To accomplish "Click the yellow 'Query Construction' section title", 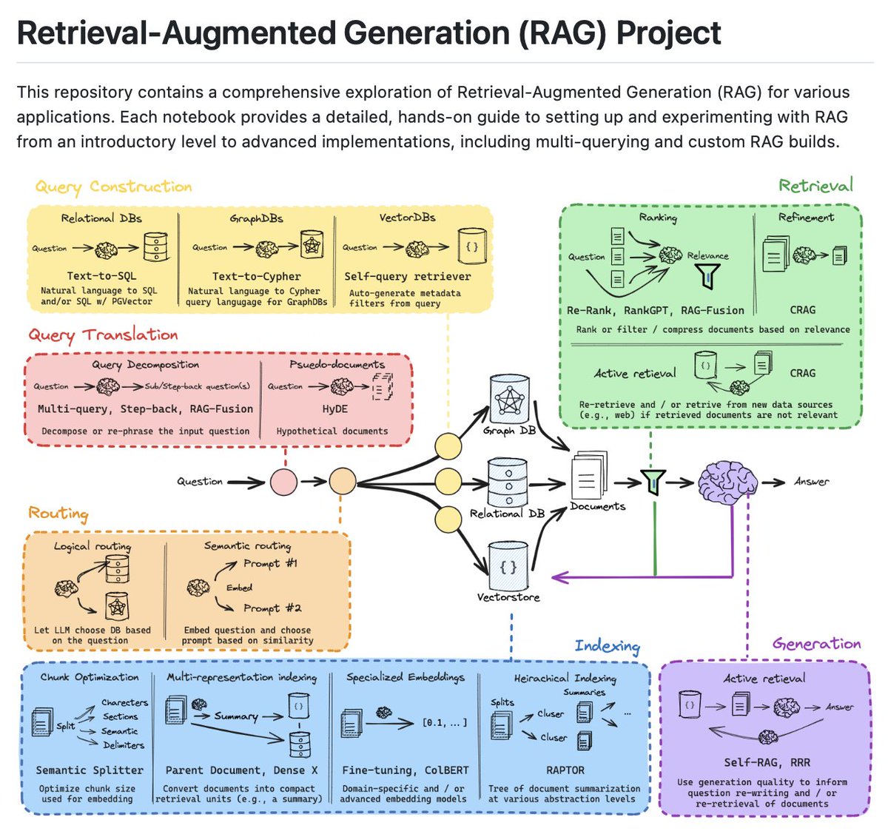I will tap(113, 187).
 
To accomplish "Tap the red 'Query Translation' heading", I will tap(103, 335).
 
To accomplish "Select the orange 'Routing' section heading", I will tap(58, 514).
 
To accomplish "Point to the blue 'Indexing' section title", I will tap(607, 646).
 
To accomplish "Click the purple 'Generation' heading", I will tap(816, 644).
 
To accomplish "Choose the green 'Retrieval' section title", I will tap(815, 185).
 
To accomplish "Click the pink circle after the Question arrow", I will tap(283, 482).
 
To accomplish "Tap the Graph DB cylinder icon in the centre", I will tap(509, 399).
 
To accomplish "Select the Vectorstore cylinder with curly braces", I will tap(508, 568).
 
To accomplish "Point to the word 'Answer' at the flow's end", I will tap(811, 482).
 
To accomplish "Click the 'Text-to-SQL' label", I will tap(101, 276).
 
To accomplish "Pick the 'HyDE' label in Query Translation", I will tap(334, 408).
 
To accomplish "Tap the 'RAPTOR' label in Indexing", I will tap(565, 770).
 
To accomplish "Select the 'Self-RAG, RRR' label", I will tap(767, 762).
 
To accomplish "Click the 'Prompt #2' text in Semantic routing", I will tap(272, 608).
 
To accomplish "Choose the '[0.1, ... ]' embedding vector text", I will tap(444, 722).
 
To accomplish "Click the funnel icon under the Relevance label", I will tap(708, 276).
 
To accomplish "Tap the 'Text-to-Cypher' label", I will tap(256, 276).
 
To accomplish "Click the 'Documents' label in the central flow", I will tap(597, 507).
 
